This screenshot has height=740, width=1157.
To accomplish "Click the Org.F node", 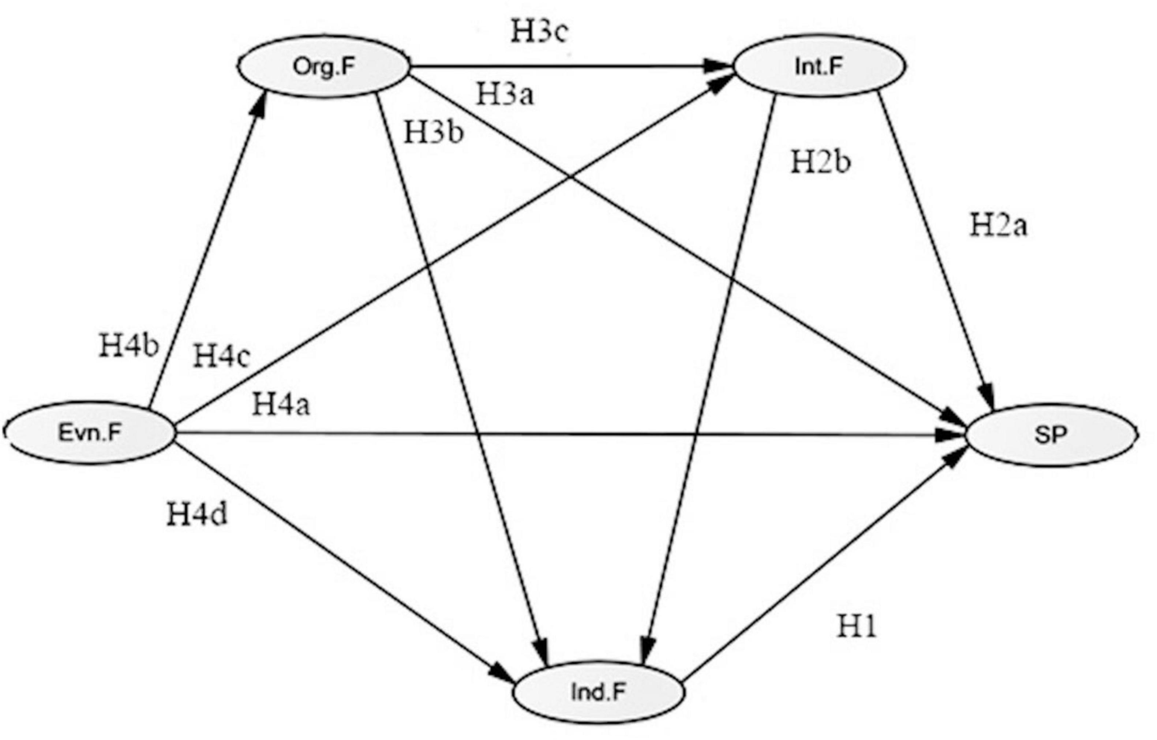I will [323, 67].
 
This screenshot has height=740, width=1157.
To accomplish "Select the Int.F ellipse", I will [819, 67].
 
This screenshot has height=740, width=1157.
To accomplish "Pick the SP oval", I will [1051, 435].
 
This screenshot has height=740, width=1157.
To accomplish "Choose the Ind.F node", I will [598, 692].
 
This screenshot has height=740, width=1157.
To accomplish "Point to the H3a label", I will [505, 94].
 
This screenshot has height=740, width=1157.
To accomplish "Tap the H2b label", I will [821, 162].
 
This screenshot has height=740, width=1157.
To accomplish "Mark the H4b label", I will [129, 345].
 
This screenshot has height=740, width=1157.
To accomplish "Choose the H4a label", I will [281, 404].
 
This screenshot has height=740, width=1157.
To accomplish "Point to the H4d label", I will [197, 515].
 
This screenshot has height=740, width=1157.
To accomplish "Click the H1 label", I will [857, 627].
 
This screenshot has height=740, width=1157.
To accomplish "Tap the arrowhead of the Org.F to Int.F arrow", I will [721, 67].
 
